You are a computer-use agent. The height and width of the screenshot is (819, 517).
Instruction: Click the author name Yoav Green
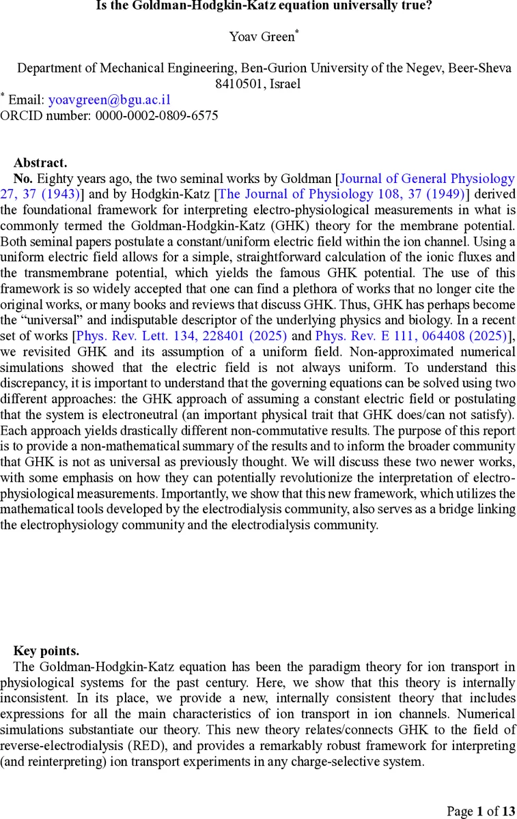[262, 37]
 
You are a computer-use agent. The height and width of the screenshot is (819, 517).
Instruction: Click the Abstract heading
[40, 162]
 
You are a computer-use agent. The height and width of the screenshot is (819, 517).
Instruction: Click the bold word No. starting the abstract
[24, 179]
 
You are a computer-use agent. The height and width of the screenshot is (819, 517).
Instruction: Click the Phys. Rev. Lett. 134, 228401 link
[182, 336]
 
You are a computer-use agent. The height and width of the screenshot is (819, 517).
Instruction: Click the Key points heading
[46, 650]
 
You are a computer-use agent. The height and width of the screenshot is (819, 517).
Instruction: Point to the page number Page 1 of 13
[481, 811]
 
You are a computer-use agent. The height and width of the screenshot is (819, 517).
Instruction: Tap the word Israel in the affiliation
[285, 84]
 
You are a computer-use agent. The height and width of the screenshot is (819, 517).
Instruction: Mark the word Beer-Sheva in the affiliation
[480, 68]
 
